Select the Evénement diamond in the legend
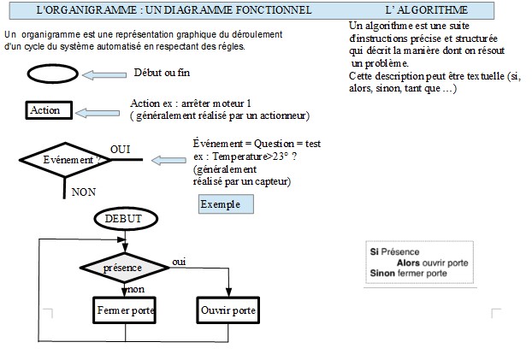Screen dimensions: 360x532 coord(66,160)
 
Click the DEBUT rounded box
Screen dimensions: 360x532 coord(124,219)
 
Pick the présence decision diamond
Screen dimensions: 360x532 coord(124,268)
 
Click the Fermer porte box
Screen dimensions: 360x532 coord(125,310)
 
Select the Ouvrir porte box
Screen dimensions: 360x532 coord(229,310)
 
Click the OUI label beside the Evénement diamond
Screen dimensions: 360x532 coord(121,150)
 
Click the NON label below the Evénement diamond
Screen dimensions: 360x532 coord(83,192)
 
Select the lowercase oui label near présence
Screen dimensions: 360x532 coord(180,261)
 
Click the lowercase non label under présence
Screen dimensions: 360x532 coord(135,289)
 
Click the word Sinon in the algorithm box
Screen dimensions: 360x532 coord(383,274)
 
